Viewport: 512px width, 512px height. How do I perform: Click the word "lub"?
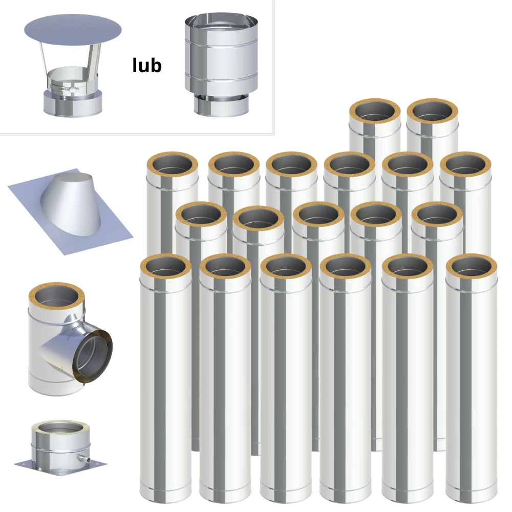coord(147,66)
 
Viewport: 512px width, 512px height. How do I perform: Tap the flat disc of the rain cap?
coord(73,30)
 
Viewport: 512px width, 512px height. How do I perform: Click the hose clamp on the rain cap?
coord(65,88)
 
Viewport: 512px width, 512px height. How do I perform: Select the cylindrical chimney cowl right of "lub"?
coord(221,65)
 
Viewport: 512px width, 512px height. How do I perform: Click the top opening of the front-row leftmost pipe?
coord(166,266)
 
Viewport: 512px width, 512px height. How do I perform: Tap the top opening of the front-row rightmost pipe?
coord(472,266)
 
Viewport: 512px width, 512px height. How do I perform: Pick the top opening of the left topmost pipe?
coord(375,111)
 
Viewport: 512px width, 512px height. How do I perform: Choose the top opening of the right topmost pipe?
coord(432,111)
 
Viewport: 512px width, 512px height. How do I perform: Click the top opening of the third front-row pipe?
coord(286,266)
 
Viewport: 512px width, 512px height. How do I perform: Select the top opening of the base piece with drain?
coord(61,429)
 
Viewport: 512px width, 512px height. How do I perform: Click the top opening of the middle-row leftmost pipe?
coord(201,215)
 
